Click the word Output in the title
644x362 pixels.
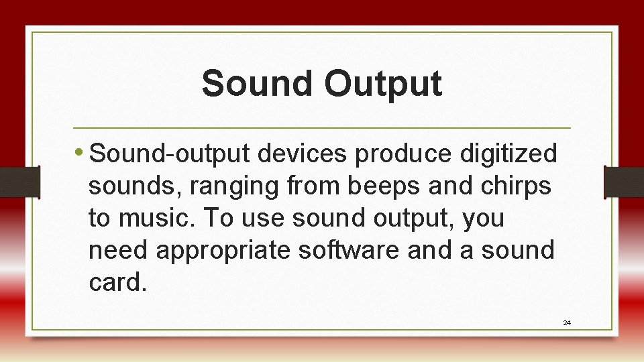(x=383, y=84)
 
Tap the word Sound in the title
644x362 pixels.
(x=258, y=84)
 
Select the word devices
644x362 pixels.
(x=303, y=154)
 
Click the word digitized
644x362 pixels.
(x=508, y=155)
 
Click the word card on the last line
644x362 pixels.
(x=115, y=282)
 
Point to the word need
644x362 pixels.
(x=118, y=250)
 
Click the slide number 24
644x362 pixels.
(x=567, y=323)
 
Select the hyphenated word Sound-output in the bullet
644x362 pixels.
(x=170, y=155)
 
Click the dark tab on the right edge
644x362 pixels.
(x=623, y=182)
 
